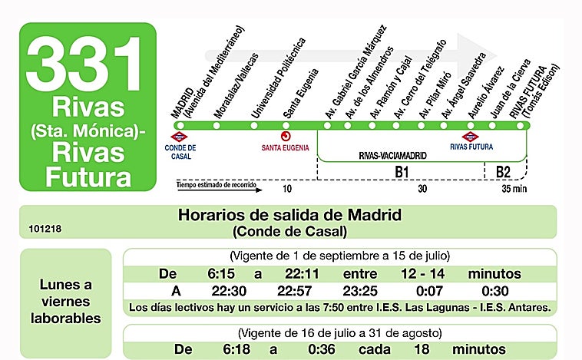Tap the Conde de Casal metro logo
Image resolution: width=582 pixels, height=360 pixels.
point(180,137)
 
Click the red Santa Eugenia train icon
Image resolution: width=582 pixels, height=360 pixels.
point(285,137)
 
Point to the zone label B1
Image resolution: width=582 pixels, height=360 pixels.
point(401,172)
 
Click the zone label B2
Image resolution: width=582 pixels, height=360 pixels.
point(503,172)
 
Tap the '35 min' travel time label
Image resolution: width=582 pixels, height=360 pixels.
point(514,188)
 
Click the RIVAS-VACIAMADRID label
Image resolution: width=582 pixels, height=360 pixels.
point(393,155)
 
